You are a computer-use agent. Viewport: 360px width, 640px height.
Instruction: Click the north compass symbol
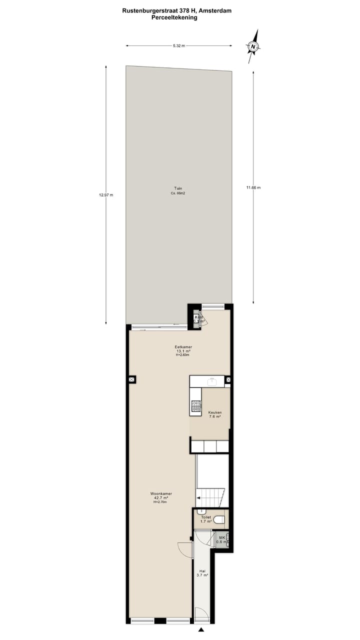[254, 46]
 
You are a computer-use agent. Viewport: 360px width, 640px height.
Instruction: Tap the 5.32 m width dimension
[179, 46]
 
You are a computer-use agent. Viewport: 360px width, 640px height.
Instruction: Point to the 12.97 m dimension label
[106, 195]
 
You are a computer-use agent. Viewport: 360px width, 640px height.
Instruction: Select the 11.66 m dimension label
[253, 187]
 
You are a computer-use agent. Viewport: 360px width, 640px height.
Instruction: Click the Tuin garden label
[178, 188]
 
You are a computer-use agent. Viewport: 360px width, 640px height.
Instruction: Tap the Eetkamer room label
[183, 347]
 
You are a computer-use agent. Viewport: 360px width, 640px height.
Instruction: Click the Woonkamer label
[161, 493]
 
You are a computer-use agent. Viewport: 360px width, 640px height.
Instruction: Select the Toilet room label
[205, 517]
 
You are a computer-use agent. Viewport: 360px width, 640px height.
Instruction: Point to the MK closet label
[222, 538]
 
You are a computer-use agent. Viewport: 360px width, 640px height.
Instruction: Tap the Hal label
[202, 570]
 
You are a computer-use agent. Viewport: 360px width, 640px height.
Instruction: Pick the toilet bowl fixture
[220, 520]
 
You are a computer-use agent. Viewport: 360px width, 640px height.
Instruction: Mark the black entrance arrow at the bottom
[201, 630]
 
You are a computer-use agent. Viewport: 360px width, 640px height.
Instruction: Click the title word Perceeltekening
[174, 17]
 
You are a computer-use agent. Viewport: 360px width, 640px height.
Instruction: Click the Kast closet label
[199, 317]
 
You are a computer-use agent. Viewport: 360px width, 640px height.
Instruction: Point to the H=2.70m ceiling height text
[160, 502]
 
